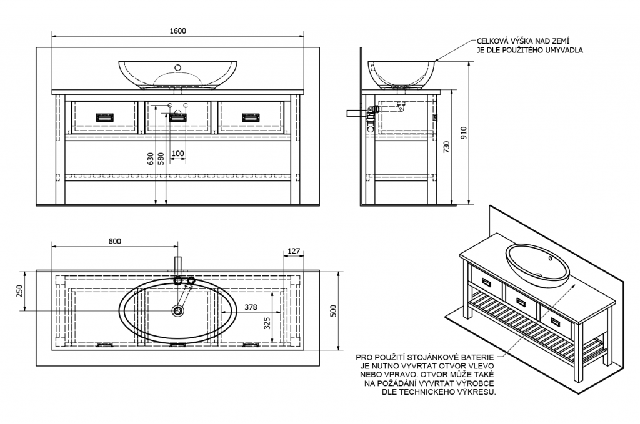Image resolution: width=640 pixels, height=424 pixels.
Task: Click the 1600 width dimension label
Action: tap(177, 31)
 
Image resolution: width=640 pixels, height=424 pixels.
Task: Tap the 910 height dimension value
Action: tap(463, 133)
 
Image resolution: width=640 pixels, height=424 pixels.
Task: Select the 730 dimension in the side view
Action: tap(446, 147)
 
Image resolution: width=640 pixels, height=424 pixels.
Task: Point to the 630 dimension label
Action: tap(151, 159)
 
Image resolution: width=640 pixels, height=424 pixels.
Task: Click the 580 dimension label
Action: tap(161, 159)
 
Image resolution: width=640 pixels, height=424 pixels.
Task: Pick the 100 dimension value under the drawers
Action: tap(178, 154)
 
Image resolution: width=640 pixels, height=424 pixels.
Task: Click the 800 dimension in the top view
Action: tap(115, 242)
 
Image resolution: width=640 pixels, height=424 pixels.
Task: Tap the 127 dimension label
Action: tap(294, 251)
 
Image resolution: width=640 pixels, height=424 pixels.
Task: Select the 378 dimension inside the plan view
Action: tap(251, 307)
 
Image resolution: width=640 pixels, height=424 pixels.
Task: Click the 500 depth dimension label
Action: tap(334, 311)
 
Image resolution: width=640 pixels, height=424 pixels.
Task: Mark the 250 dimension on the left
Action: tap(19, 291)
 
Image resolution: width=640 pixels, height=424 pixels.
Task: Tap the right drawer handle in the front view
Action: tap(251, 117)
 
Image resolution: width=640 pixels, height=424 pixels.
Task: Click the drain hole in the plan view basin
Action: tap(178, 310)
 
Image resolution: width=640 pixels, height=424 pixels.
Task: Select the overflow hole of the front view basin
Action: tap(178, 67)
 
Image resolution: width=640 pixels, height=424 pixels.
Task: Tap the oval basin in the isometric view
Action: tap(537, 265)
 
